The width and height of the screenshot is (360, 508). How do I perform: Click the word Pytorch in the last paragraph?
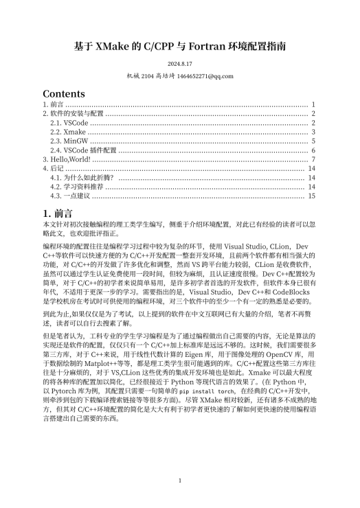pos(65,389)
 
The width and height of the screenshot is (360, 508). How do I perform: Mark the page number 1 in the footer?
pos(179,481)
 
